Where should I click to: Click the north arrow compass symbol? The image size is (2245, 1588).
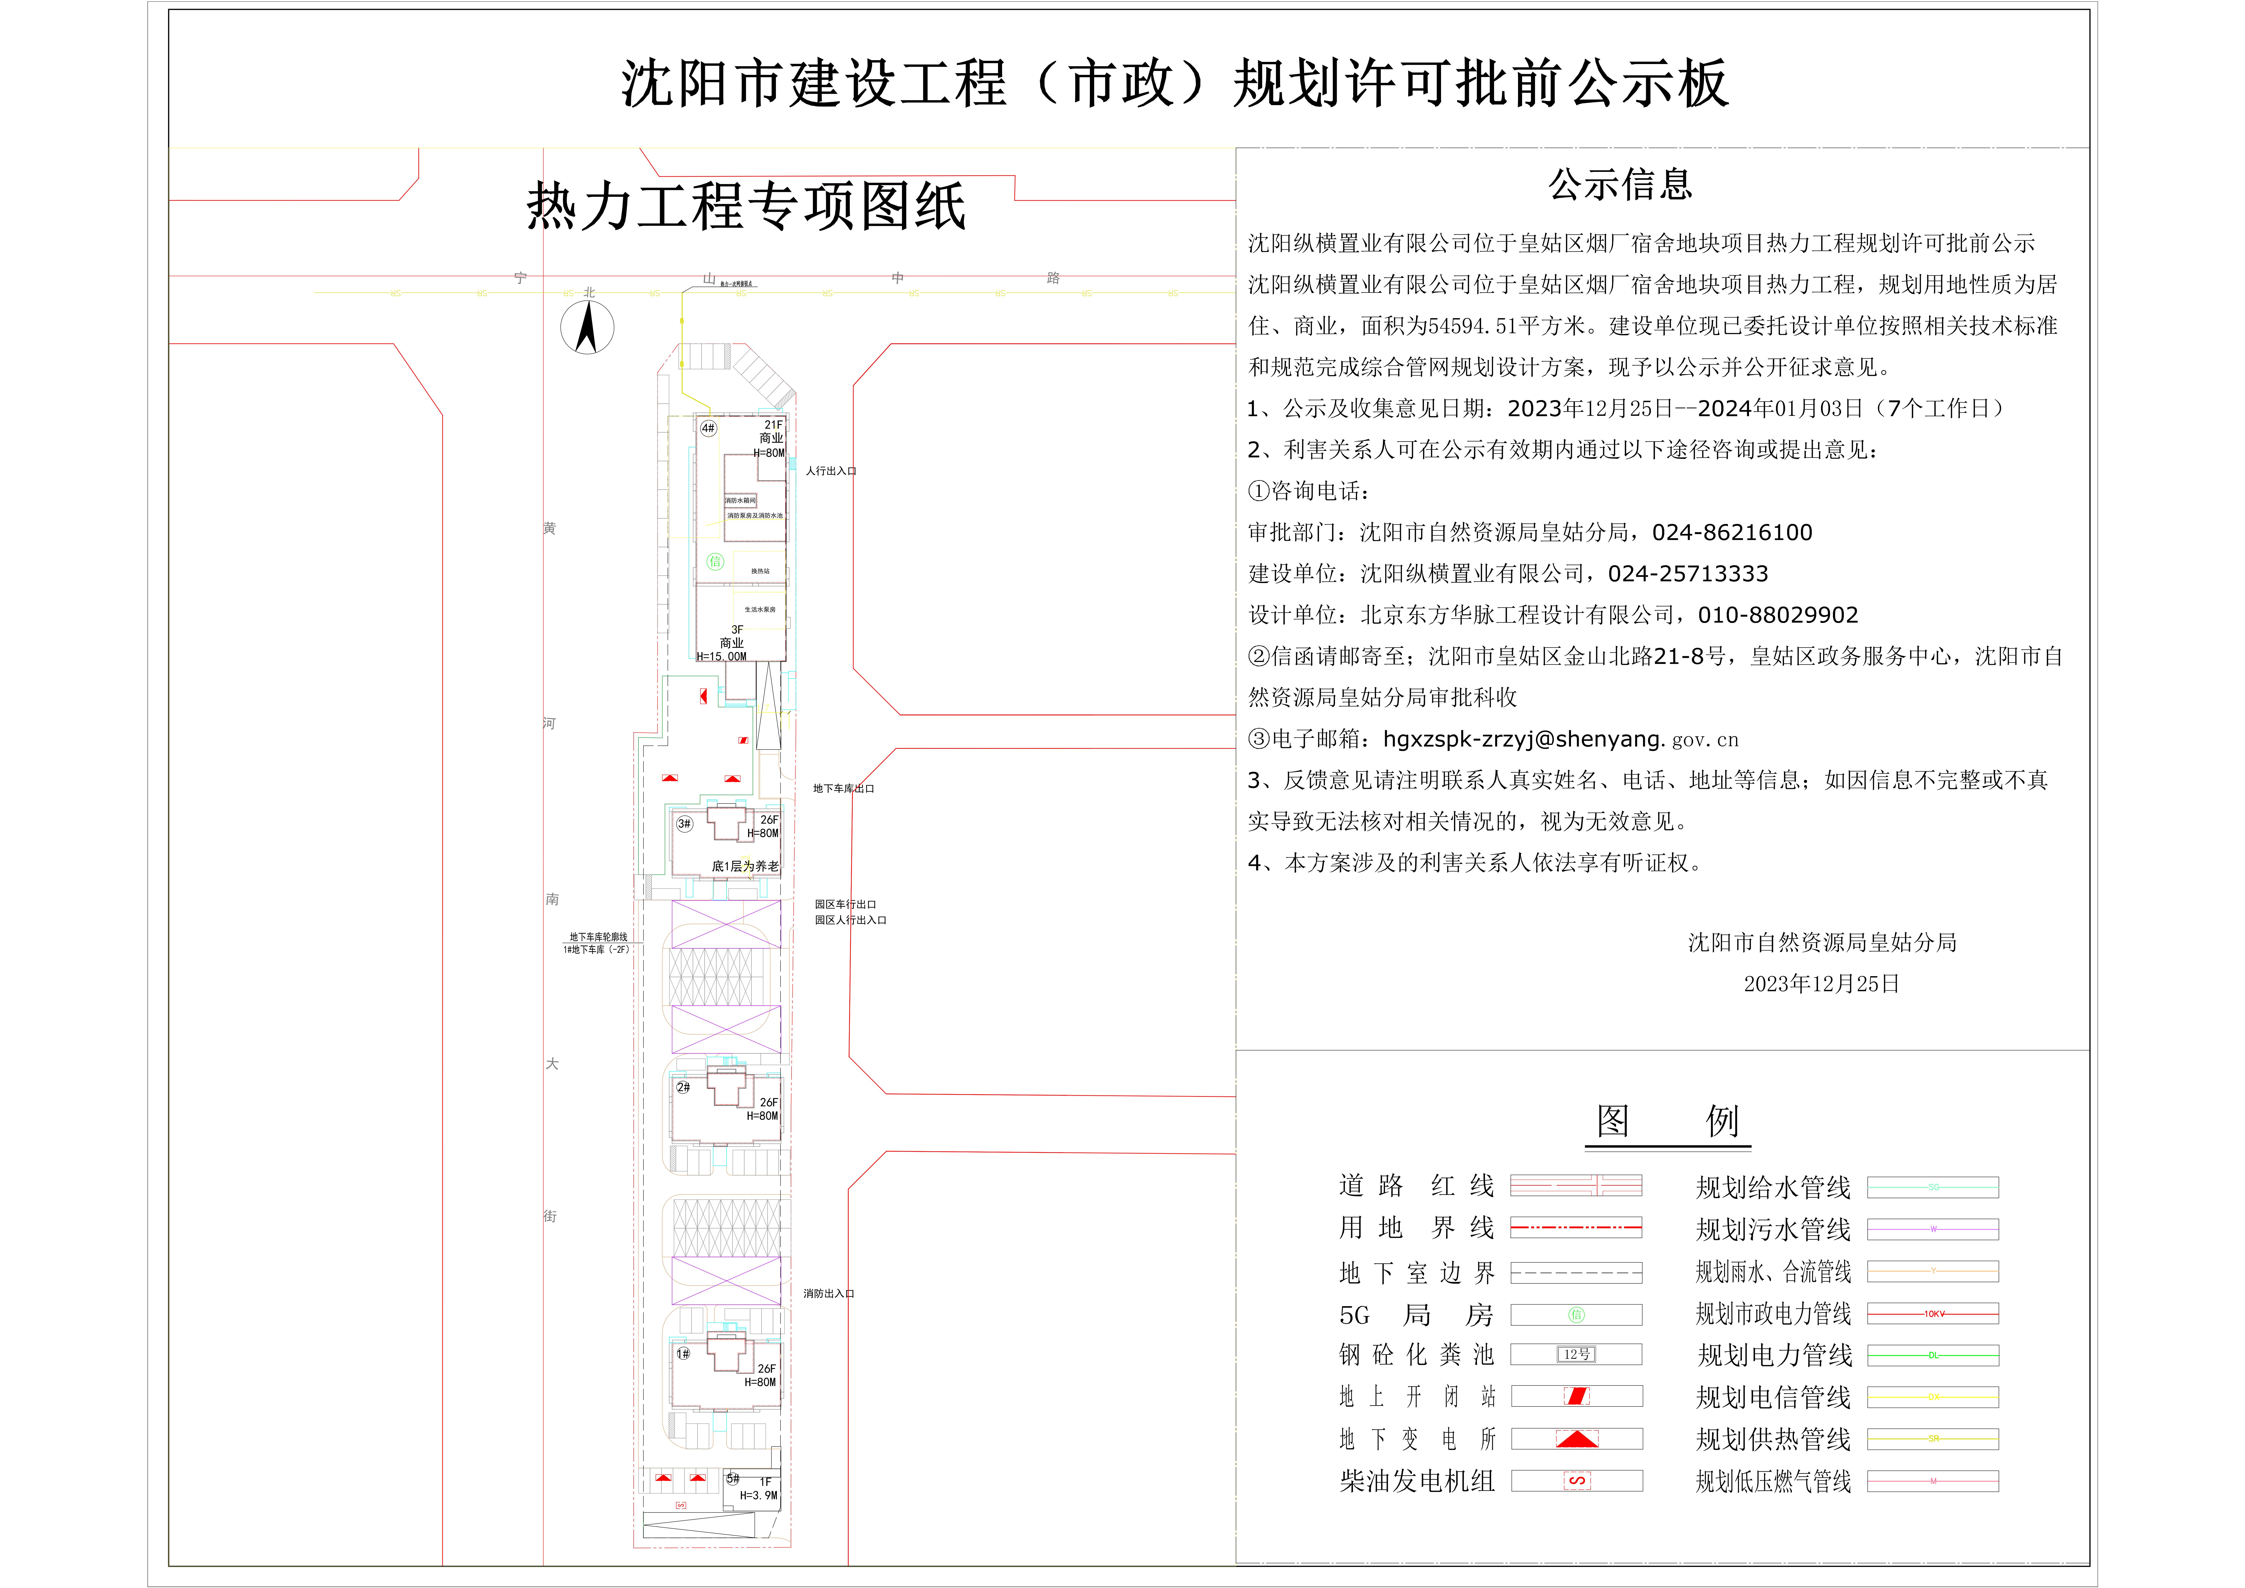pos(587,328)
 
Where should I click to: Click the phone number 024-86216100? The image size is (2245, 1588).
pos(1732,533)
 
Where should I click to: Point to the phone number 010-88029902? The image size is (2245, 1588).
pos(1778,615)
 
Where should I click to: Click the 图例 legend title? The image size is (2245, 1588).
pos(1667,1121)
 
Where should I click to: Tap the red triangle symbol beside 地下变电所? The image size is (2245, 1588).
pos(1576,1438)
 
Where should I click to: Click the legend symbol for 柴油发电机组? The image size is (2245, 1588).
pos(1576,1481)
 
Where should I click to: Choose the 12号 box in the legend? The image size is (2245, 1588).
pos(1576,1354)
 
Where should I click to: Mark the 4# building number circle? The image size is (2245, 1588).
pos(708,428)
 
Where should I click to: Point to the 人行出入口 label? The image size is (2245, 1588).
pos(830,471)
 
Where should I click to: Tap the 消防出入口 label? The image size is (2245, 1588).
pos(828,1294)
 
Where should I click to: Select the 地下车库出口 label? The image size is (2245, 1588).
pos(843,788)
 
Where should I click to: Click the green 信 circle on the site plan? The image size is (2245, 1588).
pos(715,561)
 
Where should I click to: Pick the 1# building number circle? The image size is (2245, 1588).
pos(684,1353)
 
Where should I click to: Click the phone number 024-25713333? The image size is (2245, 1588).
pos(1688,574)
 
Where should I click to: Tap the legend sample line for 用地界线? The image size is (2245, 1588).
pos(1576,1228)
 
